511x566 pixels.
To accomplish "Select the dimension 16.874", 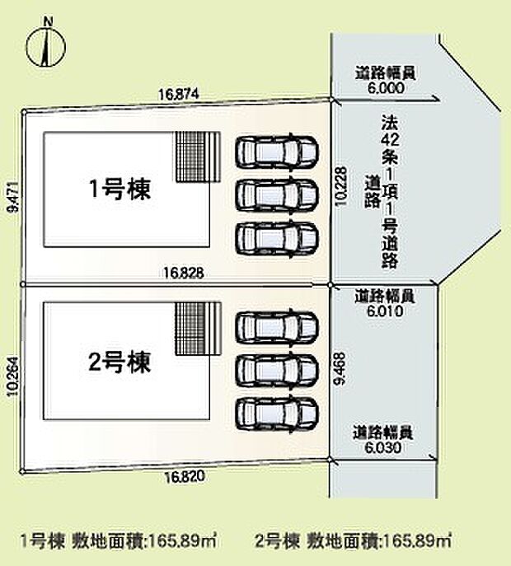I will (179, 96).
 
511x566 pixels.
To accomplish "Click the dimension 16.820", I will (185, 477).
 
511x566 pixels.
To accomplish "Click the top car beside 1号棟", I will (276, 152).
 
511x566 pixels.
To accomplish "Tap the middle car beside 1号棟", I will (276, 195).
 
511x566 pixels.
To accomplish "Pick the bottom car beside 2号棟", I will (276, 411).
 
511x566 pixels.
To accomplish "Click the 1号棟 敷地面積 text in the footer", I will (118, 541).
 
